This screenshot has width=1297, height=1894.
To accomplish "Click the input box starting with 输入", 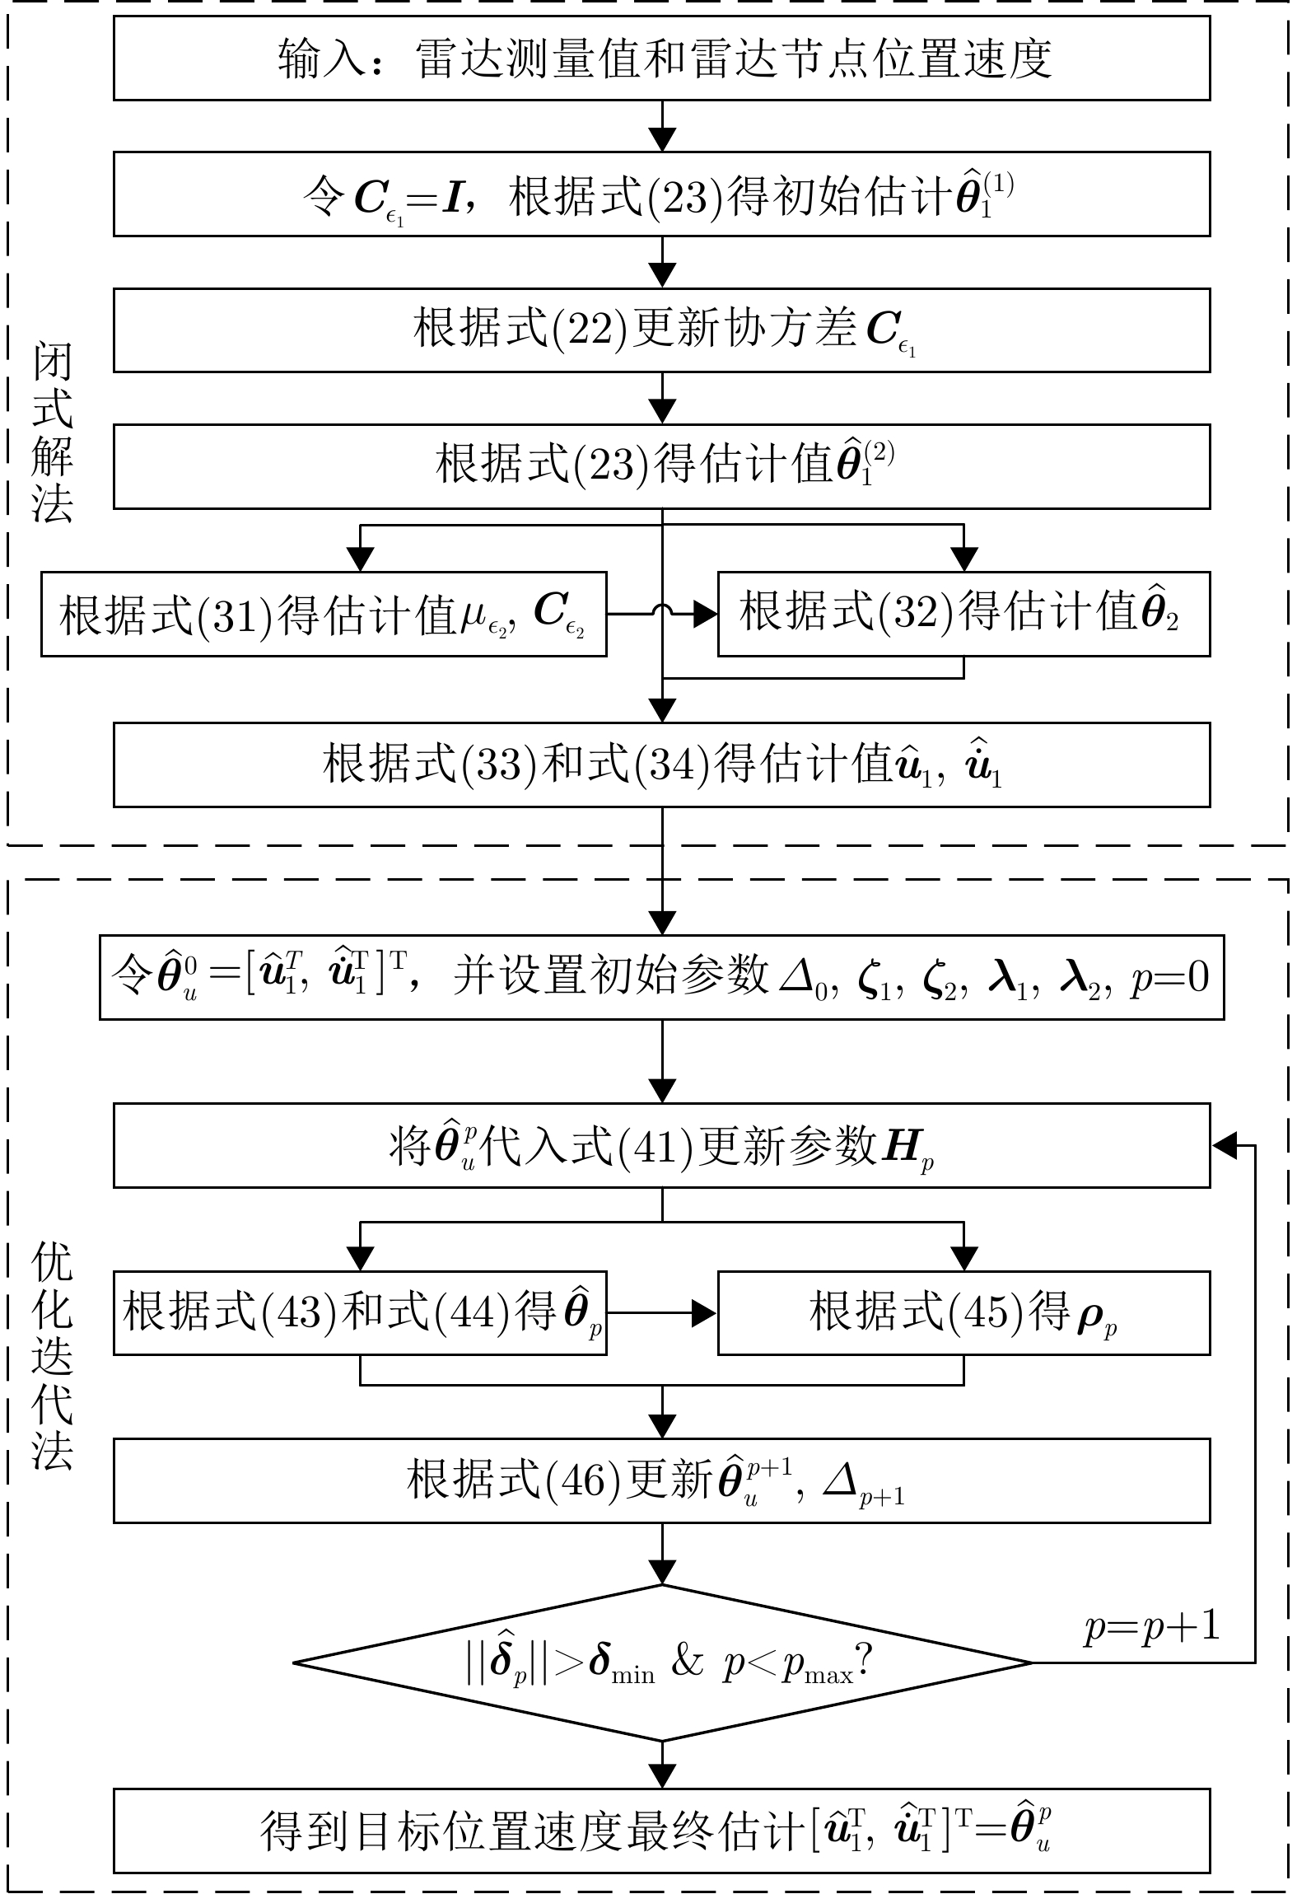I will point(661,58).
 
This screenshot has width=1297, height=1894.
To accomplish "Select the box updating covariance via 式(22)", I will point(661,330).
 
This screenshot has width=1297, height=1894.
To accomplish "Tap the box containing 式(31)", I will point(324,615).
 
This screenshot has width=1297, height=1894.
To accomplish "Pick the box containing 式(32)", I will point(963,615).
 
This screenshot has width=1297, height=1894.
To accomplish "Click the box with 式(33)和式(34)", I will point(661,765).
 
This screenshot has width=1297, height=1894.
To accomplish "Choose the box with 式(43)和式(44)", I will point(360,1312).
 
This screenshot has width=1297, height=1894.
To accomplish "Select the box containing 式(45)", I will point(963,1312).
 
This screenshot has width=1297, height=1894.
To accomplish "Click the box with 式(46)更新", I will point(661,1480).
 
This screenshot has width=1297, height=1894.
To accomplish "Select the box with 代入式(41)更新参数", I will point(661,1145).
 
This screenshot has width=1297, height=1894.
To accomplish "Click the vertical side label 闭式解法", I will point(53,433).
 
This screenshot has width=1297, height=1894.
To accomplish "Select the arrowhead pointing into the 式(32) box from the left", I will point(705,614).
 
